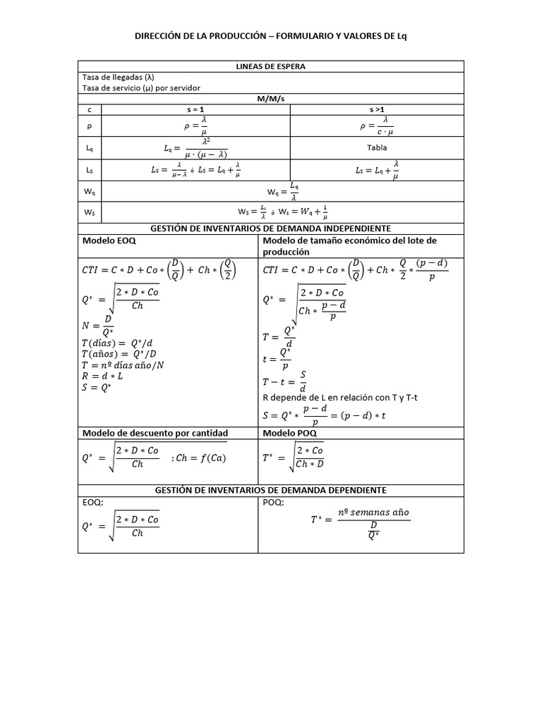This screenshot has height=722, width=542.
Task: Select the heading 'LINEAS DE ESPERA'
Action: [x=270, y=66]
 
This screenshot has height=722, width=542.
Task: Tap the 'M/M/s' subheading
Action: [x=270, y=99]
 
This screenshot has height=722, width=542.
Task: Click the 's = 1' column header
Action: [x=195, y=110]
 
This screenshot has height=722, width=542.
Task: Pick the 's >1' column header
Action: [x=377, y=110]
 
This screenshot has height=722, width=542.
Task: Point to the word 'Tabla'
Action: [x=377, y=148]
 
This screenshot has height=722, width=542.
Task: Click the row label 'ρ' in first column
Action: [x=90, y=127]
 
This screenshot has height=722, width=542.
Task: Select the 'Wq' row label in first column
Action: [x=90, y=191]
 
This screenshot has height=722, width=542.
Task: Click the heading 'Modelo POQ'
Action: [x=289, y=432]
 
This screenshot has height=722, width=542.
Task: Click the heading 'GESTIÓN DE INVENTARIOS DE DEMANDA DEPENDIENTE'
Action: [x=270, y=490]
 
